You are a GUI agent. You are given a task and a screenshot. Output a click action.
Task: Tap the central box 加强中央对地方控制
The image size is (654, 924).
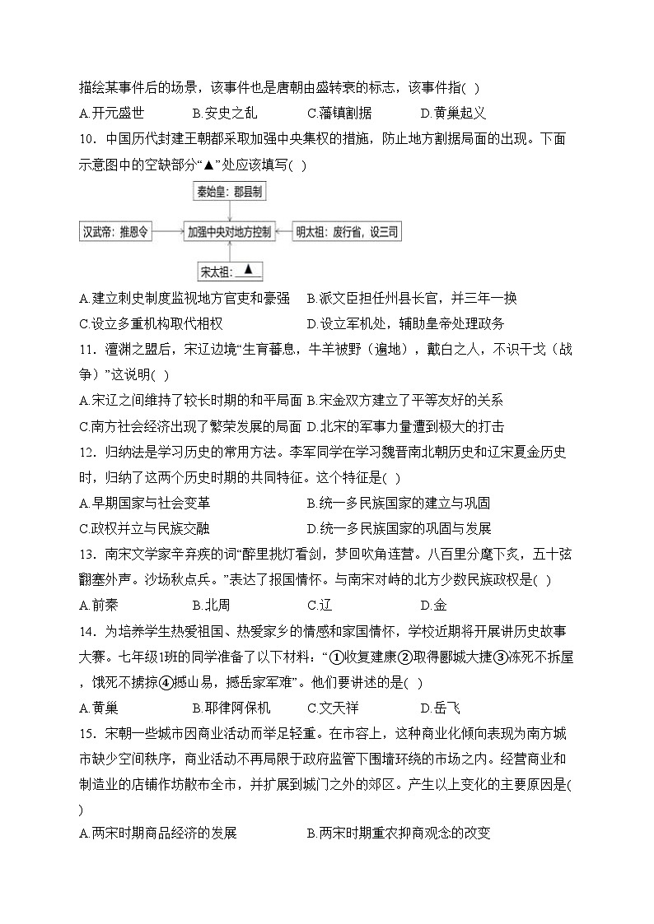click(229, 232)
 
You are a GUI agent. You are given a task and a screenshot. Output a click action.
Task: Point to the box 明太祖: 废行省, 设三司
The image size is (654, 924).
click(347, 232)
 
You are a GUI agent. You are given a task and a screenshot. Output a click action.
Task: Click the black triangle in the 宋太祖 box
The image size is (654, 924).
click(249, 270)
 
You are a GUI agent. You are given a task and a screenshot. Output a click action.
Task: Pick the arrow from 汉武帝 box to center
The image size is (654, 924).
click(168, 232)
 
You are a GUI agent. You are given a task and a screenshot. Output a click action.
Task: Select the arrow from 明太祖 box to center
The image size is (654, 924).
click(283, 232)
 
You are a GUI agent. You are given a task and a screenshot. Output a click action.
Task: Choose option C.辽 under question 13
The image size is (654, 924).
click(319, 606)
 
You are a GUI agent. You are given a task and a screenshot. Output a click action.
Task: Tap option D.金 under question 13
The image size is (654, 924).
click(433, 606)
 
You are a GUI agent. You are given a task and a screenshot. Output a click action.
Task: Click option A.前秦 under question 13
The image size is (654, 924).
click(99, 606)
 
